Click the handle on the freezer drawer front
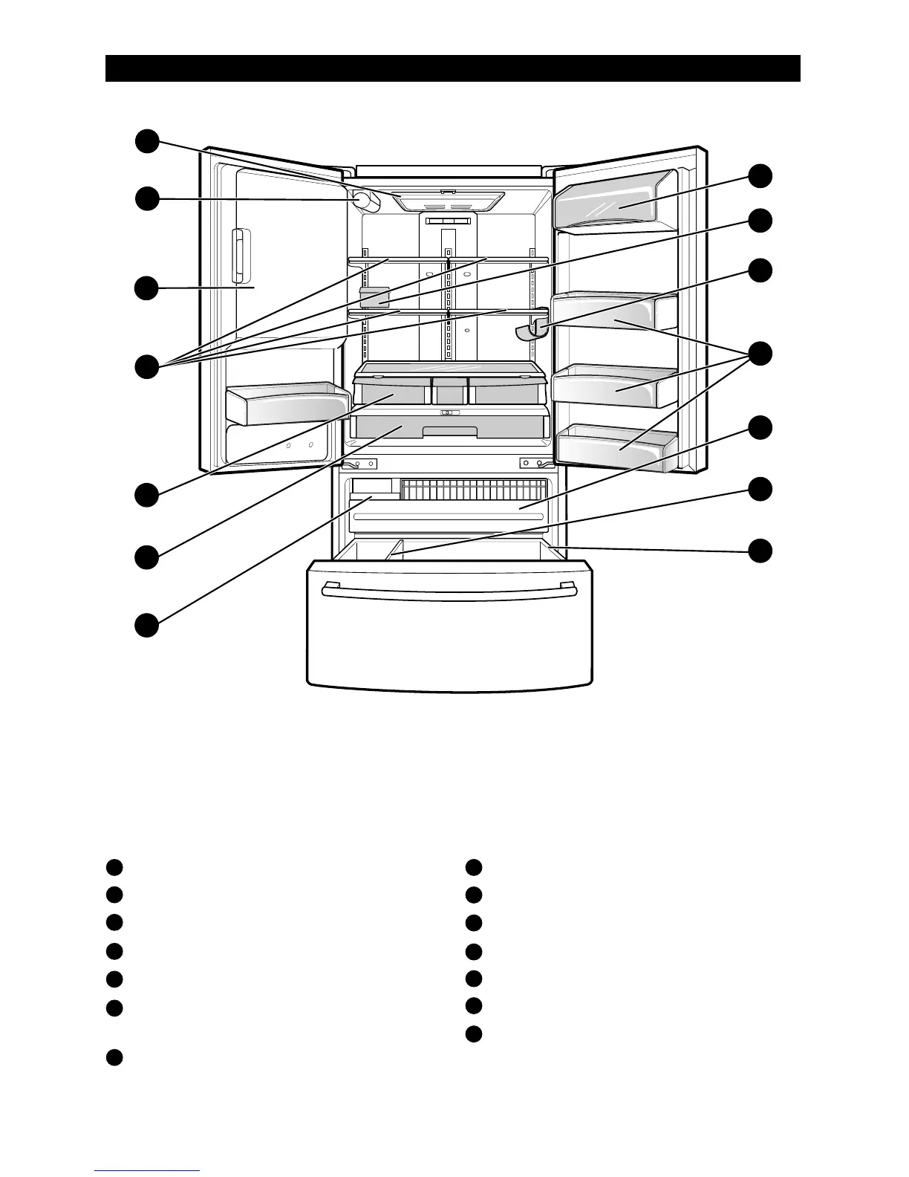click(449, 590)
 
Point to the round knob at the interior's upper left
click(363, 201)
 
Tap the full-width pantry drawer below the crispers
click(449, 427)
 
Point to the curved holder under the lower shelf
click(532, 329)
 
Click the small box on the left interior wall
click(374, 297)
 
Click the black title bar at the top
click(452, 68)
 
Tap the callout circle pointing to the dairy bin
click(760, 176)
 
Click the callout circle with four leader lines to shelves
click(146, 366)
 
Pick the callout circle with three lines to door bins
click(760, 354)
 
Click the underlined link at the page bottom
click(147, 1170)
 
